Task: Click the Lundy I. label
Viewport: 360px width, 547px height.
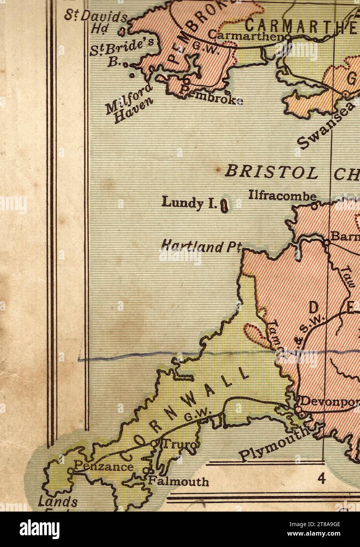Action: (188, 203)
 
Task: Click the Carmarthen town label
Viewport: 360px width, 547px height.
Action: (246, 35)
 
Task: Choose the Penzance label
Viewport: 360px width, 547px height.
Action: (103, 467)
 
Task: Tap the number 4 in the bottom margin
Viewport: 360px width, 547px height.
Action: (322, 479)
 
